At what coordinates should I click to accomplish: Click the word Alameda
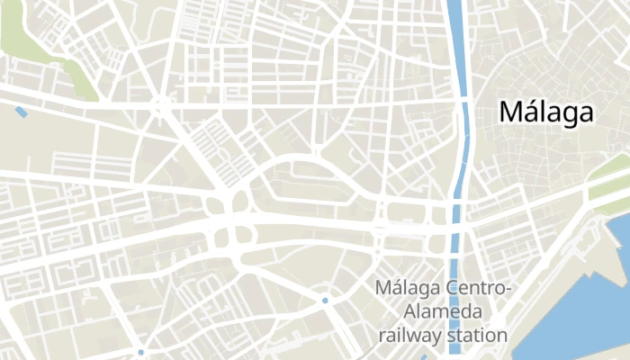click(x=444, y=312)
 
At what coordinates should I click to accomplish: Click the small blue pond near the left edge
click(x=21, y=112)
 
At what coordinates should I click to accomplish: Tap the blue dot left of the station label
click(x=325, y=300)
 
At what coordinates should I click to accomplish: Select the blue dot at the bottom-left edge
click(x=141, y=352)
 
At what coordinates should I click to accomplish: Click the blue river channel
click(x=457, y=54)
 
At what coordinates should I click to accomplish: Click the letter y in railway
click(x=443, y=337)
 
